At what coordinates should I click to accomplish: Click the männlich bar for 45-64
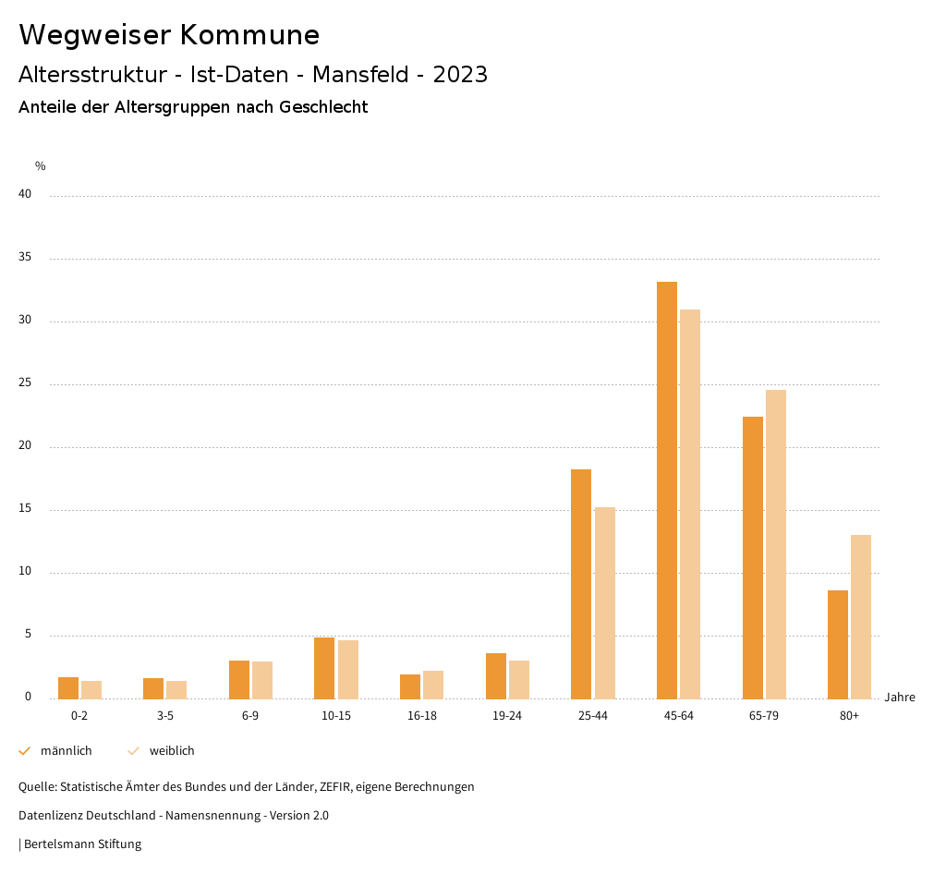(667, 490)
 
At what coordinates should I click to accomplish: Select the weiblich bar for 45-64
(690, 504)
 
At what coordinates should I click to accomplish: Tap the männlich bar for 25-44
(581, 584)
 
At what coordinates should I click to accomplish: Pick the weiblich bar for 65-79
(776, 544)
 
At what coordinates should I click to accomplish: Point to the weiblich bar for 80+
(861, 616)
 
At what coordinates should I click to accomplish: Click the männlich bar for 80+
(838, 644)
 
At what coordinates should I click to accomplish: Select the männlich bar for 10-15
(324, 668)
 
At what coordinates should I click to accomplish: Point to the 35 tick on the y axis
(25, 258)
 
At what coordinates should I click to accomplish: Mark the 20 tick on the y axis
(25, 446)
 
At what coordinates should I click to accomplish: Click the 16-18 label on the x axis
(421, 716)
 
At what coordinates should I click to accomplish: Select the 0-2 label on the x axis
(79, 716)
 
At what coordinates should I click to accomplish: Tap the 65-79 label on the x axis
(763, 716)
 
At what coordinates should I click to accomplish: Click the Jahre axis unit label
(899, 698)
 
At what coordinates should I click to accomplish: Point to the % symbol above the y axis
(40, 166)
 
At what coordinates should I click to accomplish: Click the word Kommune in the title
(249, 35)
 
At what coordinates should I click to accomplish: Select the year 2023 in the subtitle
(460, 75)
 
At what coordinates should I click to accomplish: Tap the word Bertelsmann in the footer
(55, 844)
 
